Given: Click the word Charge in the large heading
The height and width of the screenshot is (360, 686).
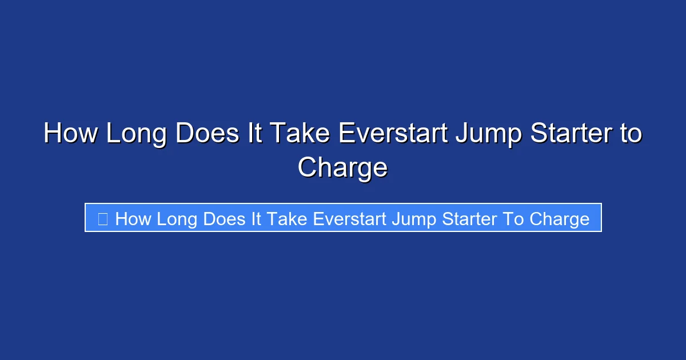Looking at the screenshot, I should (343, 168).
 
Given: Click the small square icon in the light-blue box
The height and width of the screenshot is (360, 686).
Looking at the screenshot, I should (103, 218).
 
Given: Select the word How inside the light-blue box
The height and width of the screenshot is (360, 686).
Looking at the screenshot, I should (133, 218).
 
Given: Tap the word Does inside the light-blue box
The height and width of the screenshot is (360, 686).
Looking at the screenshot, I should (226, 218).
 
